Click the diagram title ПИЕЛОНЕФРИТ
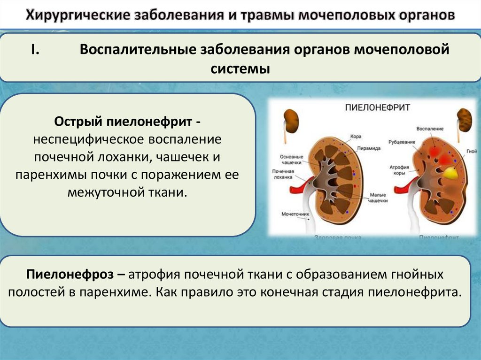[x=377, y=107]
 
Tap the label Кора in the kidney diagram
[x=356, y=137]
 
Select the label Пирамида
[x=369, y=148]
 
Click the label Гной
[x=472, y=152]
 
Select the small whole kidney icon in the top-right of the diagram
[x=465, y=120]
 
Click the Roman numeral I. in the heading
[x=37, y=49]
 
